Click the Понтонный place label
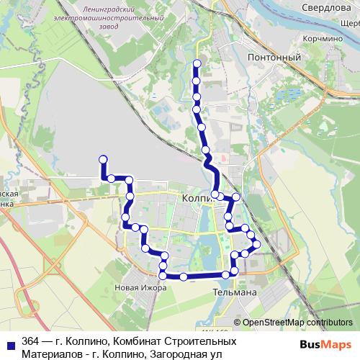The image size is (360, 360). point(268,56)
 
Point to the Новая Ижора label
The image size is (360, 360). point(140,288)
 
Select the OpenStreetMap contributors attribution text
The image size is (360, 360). point(297,323)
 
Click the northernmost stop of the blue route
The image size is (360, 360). point(196,64)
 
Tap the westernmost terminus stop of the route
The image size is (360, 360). point(103,159)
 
